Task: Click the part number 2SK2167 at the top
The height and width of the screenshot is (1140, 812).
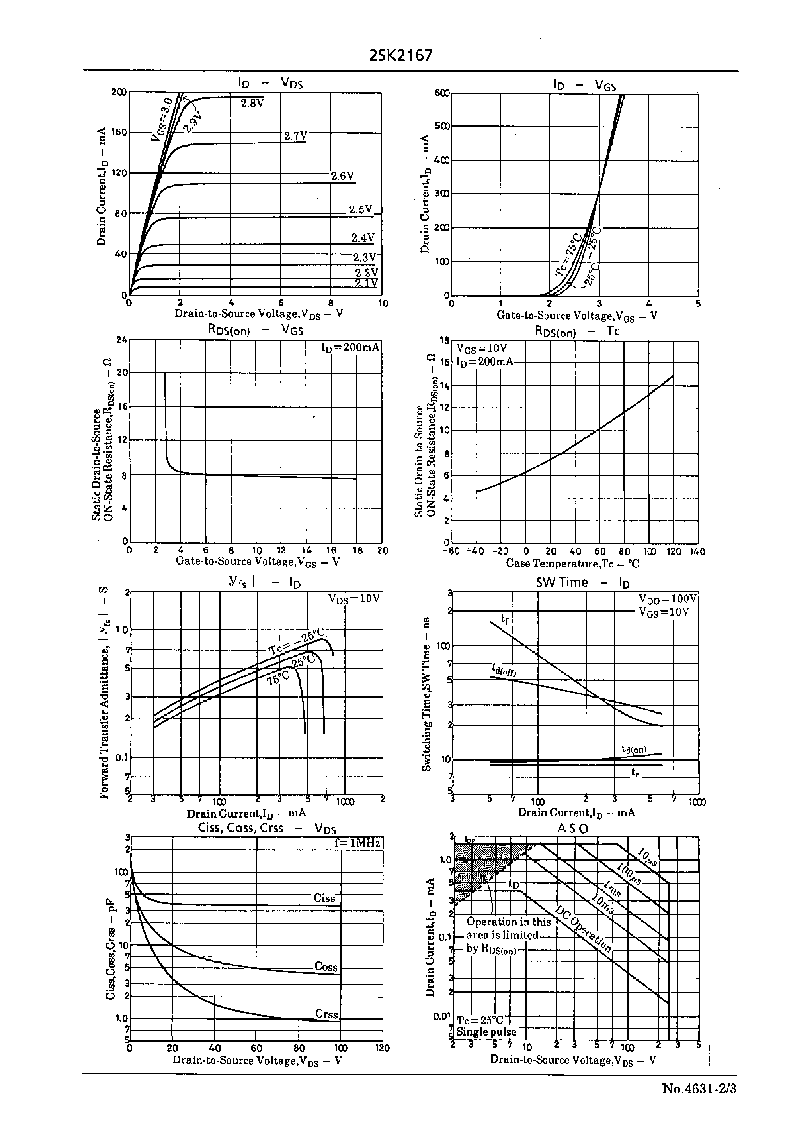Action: click(401, 55)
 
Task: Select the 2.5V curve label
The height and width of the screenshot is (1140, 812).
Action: click(360, 210)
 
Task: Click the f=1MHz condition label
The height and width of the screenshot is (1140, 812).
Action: click(358, 843)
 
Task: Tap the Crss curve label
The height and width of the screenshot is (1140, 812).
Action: click(326, 1013)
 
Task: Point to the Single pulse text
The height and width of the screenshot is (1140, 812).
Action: click(486, 1031)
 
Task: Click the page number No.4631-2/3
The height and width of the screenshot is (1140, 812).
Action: click(699, 1089)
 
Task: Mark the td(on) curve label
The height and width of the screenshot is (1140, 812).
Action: click(634, 749)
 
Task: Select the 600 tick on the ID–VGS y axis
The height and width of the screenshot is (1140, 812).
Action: click(442, 93)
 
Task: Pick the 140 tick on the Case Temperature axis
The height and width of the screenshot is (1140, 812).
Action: click(696, 551)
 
